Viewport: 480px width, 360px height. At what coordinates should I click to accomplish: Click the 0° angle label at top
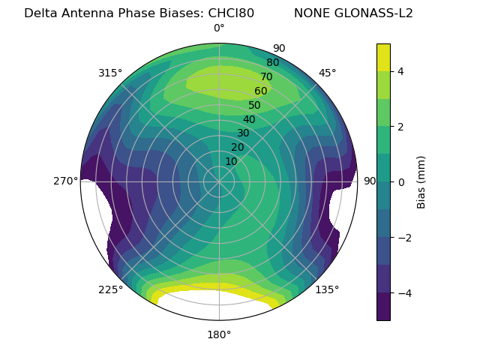click(x=219, y=28)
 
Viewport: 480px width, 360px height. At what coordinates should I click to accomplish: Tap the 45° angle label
click(x=327, y=73)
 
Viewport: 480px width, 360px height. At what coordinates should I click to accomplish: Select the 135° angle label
click(x=327, y=289)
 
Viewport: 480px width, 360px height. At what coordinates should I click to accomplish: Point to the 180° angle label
click(x=219, y=334)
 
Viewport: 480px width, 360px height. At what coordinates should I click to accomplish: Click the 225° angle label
click(x=110, y=289)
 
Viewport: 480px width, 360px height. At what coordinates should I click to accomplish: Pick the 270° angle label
click(x=66, y=181)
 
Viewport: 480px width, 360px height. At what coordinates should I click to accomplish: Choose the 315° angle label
click(x=110, y=73)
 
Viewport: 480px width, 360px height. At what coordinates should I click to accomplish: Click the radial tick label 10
click(x=231, y=161)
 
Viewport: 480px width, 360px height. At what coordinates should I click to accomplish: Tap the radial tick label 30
click(x=243, y=133)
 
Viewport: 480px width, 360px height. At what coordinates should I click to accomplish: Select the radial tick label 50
click(x=254, y=105)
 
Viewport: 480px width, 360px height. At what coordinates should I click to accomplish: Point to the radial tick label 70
click(x=266, y=76)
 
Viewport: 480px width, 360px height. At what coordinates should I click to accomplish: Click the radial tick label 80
click(x=272, y=62)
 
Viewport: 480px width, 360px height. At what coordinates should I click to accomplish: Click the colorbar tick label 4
click(x=401, y=71)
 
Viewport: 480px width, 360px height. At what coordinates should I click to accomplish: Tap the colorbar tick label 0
click(x=401, y=181)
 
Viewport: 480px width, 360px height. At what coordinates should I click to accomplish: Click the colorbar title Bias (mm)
click(x=421, y=181)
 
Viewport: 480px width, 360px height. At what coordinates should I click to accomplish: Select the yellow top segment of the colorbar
click(x=383, y=57)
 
